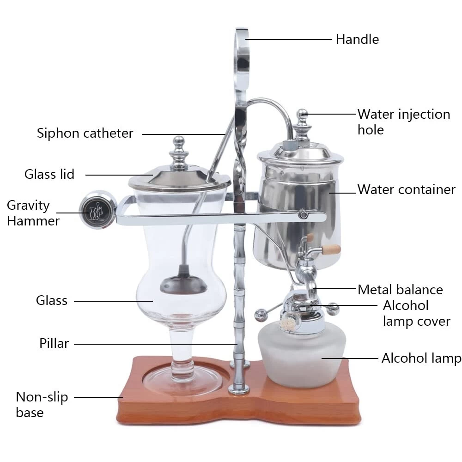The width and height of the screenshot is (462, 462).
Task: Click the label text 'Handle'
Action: click(357, 39)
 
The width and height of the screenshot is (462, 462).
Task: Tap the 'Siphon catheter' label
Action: click(85, 133)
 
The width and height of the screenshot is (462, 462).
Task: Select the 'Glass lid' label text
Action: click(49, 174)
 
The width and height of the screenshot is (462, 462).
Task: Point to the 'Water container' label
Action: click(406, 189)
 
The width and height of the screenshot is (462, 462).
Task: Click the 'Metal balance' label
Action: click(400, 290)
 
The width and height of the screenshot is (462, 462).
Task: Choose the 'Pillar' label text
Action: click(54, 343)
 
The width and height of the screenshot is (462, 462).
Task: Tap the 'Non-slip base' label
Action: click(42, 405)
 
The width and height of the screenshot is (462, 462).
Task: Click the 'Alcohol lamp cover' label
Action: click(417, 313)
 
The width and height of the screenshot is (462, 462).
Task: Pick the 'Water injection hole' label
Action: click(404, 122)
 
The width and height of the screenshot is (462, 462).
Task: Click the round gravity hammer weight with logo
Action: click(97, 210)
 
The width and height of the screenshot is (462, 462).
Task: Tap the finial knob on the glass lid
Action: click(178, 152)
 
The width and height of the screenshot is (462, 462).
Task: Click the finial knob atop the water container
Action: click(302, 124)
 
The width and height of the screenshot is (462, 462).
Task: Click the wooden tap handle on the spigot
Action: click(331, 249)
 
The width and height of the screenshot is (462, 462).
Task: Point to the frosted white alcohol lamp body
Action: click(302, 353)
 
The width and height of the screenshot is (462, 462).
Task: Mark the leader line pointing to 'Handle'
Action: click(289, 39)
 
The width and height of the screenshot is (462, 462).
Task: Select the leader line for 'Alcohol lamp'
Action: click(350, 359)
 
